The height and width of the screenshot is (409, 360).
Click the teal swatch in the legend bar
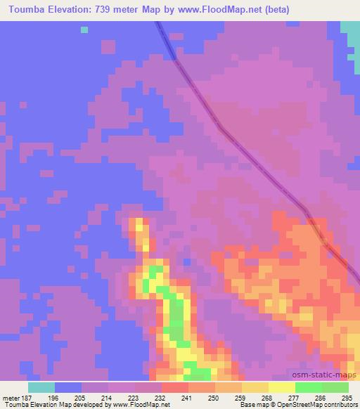(41, 387)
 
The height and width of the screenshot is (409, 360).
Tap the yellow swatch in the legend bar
(283, 387)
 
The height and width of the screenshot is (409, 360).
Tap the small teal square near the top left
(84, 30)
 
